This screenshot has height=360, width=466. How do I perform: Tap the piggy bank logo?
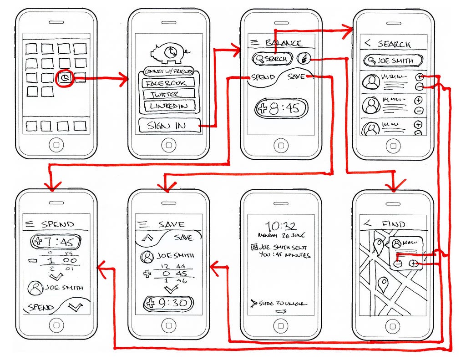pyautogui.click(x=169, y=53)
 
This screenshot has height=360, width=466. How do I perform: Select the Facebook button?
pyautogui.click(x=168, y=83)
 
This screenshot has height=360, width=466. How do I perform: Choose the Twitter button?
pyautogui.click(x=168, y=95)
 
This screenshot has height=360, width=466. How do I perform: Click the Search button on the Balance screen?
pyautogui.click(x=272, y=59)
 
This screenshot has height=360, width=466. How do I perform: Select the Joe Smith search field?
pyautogui.click(x=393, y=61)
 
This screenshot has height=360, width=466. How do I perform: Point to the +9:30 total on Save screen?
pyautogui.click(x=168, y=303)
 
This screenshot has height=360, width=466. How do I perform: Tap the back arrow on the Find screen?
pyautogui.click(x=367, y=224)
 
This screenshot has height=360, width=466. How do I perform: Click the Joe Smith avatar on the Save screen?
pyautogui.click(x=147, y=257)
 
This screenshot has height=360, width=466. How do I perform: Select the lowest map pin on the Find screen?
pyautogui.click(x=383, y=284)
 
